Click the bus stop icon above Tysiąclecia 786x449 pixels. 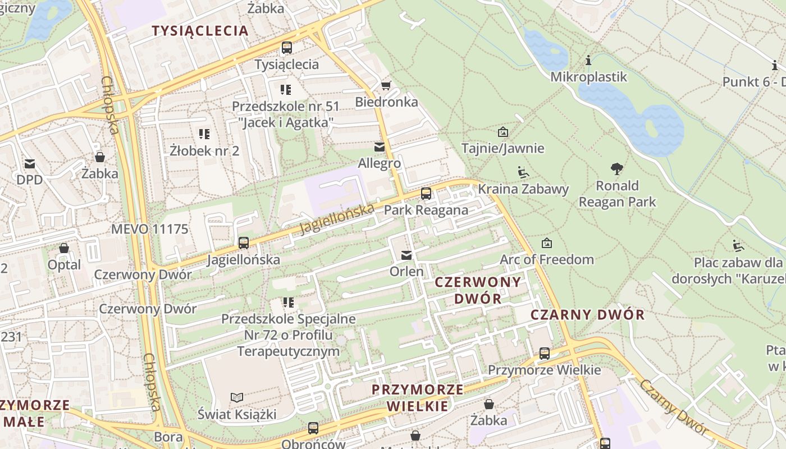pos(287,48)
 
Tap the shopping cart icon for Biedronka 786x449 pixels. pos(386,85)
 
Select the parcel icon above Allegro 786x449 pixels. pos(380,147)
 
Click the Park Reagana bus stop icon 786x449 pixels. pos(426,194)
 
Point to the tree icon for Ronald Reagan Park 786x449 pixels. pos(617,168)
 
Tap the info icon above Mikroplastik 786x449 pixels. pos(588,60)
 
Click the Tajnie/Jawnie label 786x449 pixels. pos(502,148)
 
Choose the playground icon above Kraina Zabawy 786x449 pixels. pos(523,172)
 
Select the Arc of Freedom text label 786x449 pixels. pos(546,259)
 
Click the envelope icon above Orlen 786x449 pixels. pos(406,255)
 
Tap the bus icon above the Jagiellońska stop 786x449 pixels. pos(244,243)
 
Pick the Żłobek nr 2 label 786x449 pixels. pos(204,150)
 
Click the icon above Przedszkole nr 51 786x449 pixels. pos(286,89)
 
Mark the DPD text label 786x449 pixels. pos(29,180)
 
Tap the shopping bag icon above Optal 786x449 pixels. pos(64,248)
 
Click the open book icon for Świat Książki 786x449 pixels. pos(237,397)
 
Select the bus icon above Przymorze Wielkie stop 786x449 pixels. pos(544,354)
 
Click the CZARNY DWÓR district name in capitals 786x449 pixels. pos(587,314)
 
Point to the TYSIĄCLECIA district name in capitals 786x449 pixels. pos(200,31)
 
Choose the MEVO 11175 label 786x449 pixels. pos(149,229)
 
